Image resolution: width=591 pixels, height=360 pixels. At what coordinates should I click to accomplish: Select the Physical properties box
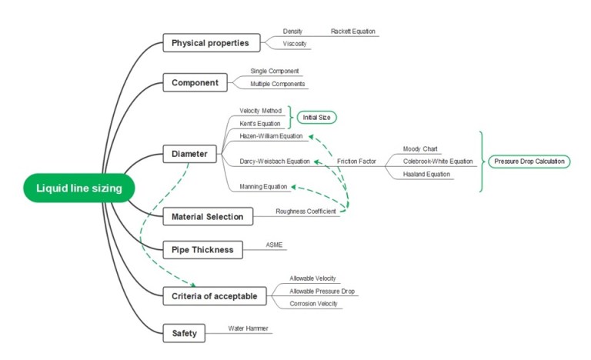point(210,43)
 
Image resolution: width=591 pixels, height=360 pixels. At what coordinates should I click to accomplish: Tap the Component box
point(195,82)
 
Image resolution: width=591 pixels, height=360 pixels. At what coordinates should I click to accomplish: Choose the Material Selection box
point(207,217)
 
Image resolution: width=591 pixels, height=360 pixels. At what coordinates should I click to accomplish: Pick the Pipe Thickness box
point(202,250)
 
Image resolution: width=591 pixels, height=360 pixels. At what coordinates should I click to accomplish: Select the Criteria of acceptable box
point(215,295)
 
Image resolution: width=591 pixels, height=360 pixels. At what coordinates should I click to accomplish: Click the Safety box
point(184,333)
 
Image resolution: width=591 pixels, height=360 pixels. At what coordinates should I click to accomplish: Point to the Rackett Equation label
point(352,32)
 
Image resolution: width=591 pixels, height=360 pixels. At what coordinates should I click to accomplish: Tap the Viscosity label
point(295,44)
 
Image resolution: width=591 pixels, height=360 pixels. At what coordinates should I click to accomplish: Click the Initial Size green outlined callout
point(317,117)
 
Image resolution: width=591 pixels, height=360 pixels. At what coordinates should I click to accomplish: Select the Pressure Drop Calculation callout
point(529,162)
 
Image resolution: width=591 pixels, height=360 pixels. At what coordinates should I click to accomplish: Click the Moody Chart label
point(420,148)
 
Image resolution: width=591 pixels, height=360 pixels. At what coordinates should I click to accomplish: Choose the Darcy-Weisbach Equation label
point(274,162)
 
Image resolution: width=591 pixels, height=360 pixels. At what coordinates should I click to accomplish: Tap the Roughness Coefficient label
point(306,211)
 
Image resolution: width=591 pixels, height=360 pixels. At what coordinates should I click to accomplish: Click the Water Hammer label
point(248,328)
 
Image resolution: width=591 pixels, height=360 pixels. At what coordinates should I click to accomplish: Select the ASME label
point(274,245)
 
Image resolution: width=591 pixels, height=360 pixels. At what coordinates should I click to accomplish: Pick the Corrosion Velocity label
point(313,304)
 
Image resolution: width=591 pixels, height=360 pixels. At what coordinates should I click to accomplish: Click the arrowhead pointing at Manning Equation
point(293,186)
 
